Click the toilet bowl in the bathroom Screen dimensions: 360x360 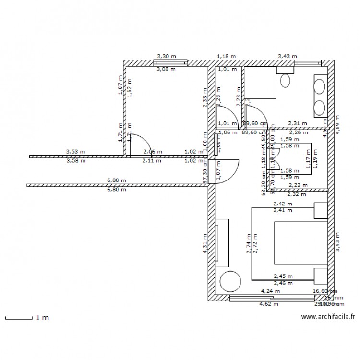pos(286,80)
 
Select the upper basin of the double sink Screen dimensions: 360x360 pos(320,86)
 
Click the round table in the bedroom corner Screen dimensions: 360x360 pos(228,281)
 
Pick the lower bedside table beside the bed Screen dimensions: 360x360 pos(321,275)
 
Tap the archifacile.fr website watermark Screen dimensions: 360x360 pos(328,317)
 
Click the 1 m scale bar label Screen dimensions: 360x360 pos(42,318)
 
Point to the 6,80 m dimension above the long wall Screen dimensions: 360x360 pos(117,181)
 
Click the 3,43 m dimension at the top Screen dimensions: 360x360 pos(288,56)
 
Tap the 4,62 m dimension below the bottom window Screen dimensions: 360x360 pos(269,304)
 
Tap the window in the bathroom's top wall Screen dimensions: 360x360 pos(308,63)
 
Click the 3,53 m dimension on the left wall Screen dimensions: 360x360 pos(76,152)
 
